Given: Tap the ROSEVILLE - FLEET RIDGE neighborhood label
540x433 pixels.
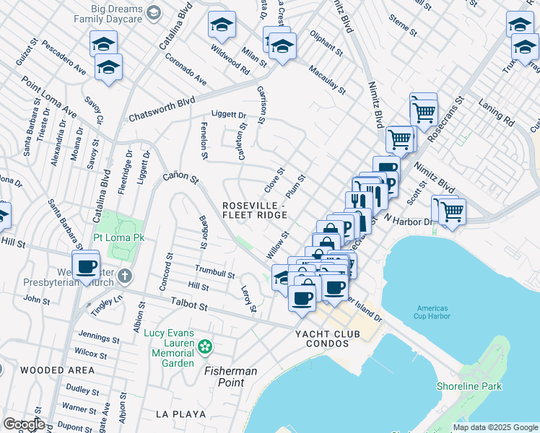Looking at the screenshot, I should coord(254,210).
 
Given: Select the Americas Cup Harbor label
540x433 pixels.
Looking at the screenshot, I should coord(432,311).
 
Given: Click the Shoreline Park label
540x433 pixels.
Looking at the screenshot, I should coord(469,386).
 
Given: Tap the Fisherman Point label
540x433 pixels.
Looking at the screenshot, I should coord(230,376).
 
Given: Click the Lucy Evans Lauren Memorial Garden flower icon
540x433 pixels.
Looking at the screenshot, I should coord(206,347).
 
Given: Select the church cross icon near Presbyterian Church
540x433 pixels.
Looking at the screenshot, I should coord(125,276).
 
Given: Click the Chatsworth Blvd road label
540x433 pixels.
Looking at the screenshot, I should coord(162,110).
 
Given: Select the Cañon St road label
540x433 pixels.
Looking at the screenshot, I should coord(180,176).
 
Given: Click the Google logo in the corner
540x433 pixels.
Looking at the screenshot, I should coord(24,424).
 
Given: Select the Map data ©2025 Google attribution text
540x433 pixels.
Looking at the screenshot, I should coord(495,427).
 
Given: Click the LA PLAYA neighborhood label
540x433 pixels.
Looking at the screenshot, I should coord(180,414).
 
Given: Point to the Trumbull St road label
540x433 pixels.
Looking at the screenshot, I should coord(215,271).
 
